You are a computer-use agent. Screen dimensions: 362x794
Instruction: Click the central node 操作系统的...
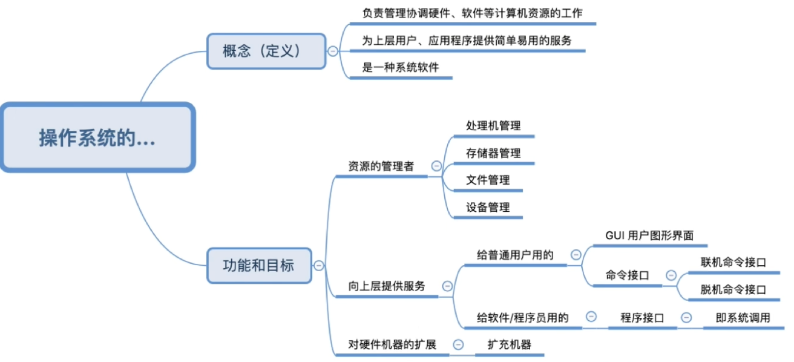97,137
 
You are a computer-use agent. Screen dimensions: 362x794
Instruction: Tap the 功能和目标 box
259,265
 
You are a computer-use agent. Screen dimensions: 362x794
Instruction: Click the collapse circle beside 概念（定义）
333,51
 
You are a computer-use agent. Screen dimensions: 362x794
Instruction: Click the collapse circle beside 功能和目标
319,265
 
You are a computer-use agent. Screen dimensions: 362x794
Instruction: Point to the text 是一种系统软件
401,68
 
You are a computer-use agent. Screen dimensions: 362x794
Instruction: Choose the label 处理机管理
493,126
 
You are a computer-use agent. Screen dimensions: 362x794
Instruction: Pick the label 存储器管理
493,153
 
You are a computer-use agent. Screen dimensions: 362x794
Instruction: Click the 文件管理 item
488,180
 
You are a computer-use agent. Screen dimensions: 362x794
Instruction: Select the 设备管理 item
488,207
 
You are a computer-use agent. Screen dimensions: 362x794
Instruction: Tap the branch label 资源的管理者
381,166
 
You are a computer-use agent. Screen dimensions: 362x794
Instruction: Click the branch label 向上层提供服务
387,286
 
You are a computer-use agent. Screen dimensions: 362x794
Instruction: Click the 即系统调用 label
743,317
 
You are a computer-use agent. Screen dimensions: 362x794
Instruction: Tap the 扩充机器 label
510,344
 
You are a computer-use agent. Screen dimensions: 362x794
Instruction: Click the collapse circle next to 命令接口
671,275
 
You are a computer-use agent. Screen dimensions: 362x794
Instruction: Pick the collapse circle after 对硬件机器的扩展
459,344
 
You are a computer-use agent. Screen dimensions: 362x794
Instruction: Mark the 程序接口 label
643,317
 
